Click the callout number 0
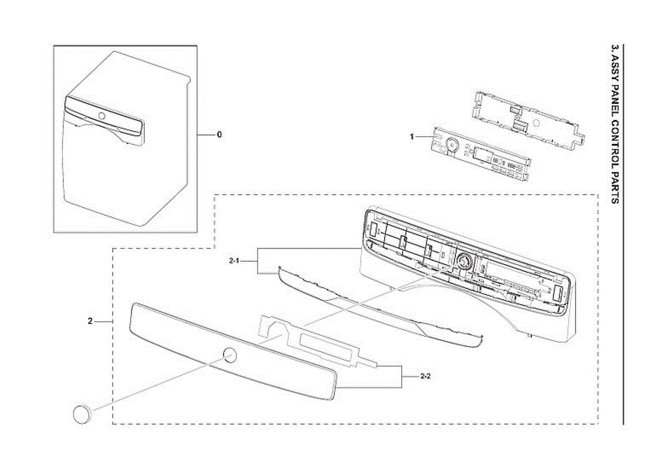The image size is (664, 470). pos(219,135)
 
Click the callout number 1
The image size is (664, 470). pos(412,136)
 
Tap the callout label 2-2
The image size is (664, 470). pos(426,376)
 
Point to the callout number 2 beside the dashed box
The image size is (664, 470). pos(90,321)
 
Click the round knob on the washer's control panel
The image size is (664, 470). pos(101,116)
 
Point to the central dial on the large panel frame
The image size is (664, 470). pos(463,260)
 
